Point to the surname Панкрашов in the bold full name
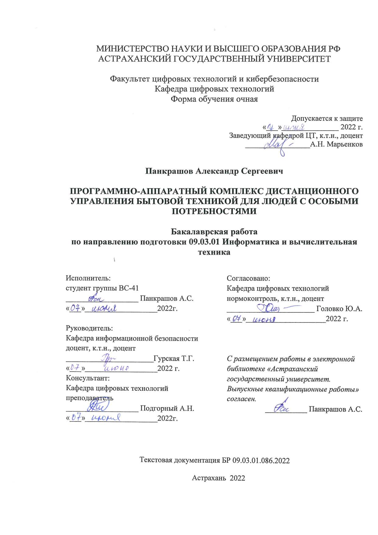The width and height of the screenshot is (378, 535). coord(169,171)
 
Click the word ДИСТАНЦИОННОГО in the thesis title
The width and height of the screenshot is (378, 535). coord(312,191)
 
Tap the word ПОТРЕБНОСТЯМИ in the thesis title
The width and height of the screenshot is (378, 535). coord(214,211)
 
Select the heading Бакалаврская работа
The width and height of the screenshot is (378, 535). coord(214,232)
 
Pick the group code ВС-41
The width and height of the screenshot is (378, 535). coord(129,288)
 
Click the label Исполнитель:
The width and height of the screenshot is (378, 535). coord(88,278)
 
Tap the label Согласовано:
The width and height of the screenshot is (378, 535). coord(248,278)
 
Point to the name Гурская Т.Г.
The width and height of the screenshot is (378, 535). coord(174,358)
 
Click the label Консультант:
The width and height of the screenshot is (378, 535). coord(88,378)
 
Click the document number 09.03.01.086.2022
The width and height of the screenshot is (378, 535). coord(261,461)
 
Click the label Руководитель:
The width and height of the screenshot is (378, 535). coord(89,329)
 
